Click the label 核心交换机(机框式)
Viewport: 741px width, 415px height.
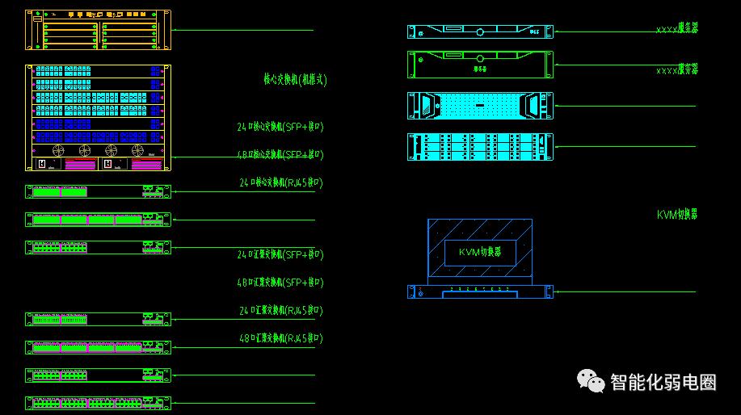(295, 80)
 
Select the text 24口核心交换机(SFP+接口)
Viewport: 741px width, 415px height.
(280, 127)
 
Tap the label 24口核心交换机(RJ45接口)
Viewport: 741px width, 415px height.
(280, 182)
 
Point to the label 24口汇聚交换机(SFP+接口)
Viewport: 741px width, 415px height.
(280, 254)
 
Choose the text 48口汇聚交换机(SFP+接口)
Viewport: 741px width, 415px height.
(280, 283)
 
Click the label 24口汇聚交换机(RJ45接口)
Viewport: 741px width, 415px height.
(280, 310)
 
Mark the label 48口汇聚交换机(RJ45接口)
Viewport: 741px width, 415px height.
(280, 337)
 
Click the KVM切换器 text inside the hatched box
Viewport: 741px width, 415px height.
(479, 252)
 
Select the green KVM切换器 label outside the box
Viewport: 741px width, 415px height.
(676, 215)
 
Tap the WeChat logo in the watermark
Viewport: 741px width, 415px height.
(590, 380)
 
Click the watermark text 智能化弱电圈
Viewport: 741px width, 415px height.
(663, 382)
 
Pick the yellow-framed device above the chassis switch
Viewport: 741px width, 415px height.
(98, 31)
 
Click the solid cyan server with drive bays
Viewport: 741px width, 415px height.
(480, 146)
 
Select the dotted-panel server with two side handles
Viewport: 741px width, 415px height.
(480, 105)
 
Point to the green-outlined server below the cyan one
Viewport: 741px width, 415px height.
(480, 64)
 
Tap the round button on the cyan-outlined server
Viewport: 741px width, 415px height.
(480, 32)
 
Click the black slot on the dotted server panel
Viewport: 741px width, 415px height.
(479, 106)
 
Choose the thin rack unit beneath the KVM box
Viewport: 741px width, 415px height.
(480, 291)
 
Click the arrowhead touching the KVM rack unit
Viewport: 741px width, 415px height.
(557, 291)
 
